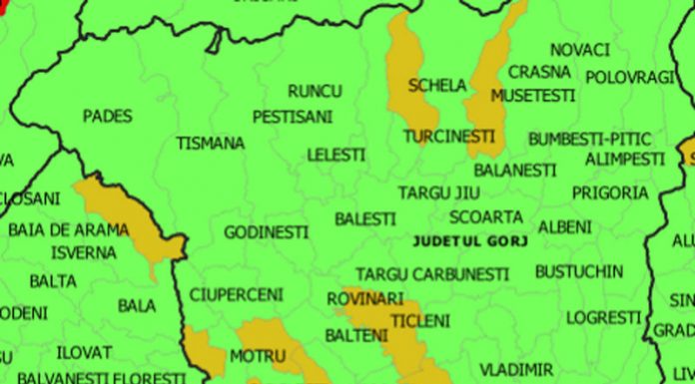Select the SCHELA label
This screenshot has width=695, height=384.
pos(430,86)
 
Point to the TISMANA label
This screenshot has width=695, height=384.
pos(211,143)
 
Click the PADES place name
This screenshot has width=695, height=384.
pos(107,116)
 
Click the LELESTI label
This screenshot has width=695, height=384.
pos(336,156)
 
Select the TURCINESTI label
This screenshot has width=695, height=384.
pos(448,135)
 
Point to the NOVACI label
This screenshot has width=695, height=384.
pos(579,49)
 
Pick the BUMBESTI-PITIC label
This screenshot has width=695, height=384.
pos(589,138)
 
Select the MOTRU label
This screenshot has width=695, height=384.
pos(258,355)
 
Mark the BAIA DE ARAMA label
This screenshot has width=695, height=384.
pos(68,229)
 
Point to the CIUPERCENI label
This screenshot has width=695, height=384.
pos(237,294)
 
